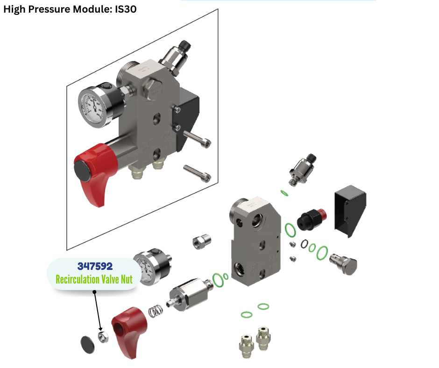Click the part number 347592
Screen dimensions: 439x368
click(x=95, y=266)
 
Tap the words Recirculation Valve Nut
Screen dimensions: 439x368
click(x=94, y=279)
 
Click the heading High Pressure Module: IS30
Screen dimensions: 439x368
click(x=70, y=9)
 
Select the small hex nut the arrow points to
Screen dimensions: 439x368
click(x=103, y=337)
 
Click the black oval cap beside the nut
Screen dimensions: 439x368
click(x=87, y=345)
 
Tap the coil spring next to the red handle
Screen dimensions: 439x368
click(x=156, y=311)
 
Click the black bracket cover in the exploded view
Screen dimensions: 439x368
click(x=350, y=210)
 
